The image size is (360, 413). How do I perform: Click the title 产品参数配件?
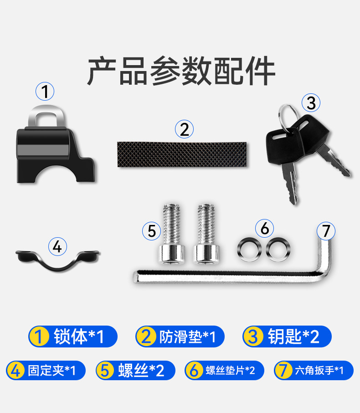point(181,71)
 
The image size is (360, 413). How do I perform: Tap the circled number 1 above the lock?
point(45,92)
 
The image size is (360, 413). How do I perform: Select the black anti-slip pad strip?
point(182,154)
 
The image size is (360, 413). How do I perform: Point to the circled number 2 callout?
point(184,129)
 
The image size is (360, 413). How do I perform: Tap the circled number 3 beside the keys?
point(311,103)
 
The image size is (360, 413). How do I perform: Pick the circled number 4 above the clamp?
point(57,246)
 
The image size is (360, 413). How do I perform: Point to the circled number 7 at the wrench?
point(326,231)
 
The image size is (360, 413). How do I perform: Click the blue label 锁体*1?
point(73,337)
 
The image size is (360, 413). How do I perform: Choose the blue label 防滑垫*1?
point(180,337)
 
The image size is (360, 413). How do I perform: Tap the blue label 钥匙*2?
point(287,337)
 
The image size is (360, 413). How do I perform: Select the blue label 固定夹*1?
point(46,370)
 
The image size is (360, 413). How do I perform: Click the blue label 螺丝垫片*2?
point(224,370)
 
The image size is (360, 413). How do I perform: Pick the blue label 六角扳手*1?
point(314,370)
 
